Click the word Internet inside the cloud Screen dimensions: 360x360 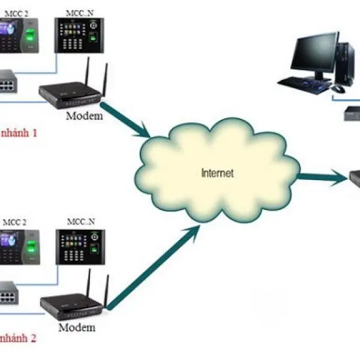[217, 173]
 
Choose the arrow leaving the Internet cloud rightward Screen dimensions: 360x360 [324, 176]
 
